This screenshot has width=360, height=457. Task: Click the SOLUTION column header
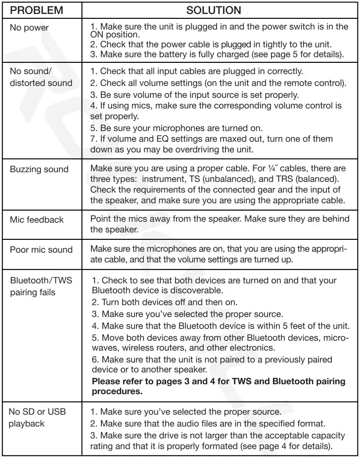point(214,10)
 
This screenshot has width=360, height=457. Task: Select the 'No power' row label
point(29,28)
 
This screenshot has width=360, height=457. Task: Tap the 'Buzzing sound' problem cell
point(39,169)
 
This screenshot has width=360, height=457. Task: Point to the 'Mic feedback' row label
point(37,219)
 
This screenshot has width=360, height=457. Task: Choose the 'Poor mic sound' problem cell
point(41,250)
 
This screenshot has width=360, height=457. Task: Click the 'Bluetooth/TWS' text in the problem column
point(41,281)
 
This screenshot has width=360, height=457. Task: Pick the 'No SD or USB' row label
point(38,412)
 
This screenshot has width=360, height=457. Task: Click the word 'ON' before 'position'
point(97,35)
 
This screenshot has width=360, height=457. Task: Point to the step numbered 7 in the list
point(93,139)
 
